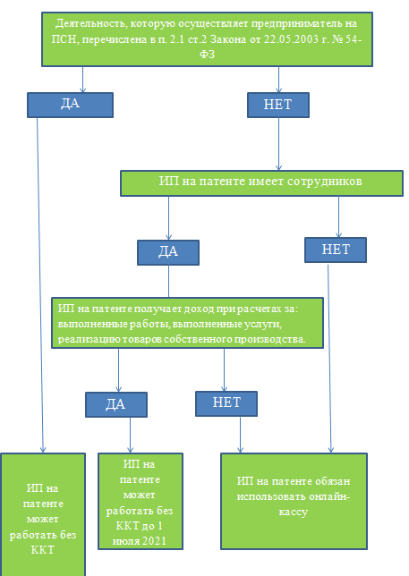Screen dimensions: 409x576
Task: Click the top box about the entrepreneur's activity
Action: [x=207, y=39]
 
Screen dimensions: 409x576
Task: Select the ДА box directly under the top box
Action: [x=70, y=105]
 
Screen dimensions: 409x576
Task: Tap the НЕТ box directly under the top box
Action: [x=278, y=105]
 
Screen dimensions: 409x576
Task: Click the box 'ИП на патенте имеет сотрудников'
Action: [x=261, y=183]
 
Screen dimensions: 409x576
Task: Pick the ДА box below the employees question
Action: [x=168, y=252]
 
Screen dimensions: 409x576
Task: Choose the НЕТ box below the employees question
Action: [x=336, y=250]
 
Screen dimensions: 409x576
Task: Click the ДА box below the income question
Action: [x=116, y=404]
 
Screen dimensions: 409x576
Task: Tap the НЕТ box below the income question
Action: [x=226, y=403]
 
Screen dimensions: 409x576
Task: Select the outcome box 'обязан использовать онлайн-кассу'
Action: [x=294, y=501]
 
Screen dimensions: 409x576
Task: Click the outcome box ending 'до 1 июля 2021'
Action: [x=141, y=501]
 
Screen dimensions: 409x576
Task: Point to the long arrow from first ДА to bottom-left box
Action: [x=40, y=285]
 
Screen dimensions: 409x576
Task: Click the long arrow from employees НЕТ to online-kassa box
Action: [x=329, y=358]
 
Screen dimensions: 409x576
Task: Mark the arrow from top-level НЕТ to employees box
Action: [x=278, y=144]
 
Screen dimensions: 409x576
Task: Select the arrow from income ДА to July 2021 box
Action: [x=130, y=435]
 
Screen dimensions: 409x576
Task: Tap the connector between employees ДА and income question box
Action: [x=168, y=282]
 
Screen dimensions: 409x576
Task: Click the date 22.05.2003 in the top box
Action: [x=291, y=39]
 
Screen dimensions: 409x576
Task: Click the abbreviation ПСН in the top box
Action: [x=64, y=39]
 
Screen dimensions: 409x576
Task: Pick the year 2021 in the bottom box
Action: [x=154, y=541]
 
